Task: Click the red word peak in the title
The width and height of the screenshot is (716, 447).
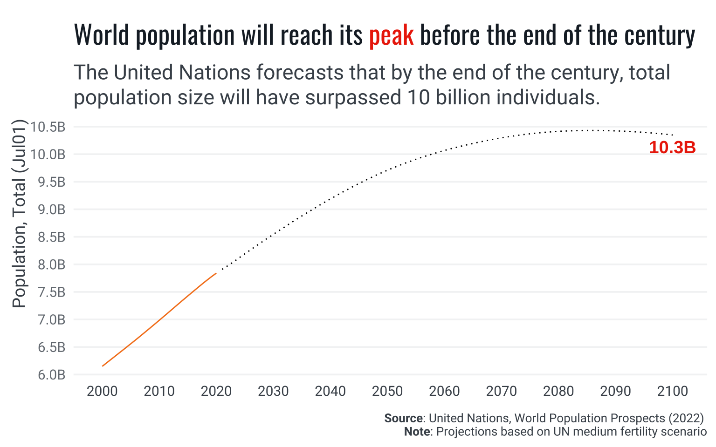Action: click(x=391, y=35)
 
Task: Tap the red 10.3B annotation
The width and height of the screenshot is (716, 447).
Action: click(x=672, y=148)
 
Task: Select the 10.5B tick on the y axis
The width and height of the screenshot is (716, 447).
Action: click(x=48, y=127)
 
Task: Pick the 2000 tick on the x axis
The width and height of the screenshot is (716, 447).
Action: click(x=102, y=391)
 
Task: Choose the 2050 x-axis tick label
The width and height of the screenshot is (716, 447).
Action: click(x=387, y=391)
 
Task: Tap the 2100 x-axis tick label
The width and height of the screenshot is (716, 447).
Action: click(x=673, y=391)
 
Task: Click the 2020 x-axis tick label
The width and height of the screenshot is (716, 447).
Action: click(x=216, y=391)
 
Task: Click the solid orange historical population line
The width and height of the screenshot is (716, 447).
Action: click(x=158, y=320)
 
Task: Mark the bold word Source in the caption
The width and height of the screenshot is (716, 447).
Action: click(x=404, y=418)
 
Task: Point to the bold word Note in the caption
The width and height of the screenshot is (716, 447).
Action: click(x=417, y=432)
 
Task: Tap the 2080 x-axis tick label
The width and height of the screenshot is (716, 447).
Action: click(x=558, y=391)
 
